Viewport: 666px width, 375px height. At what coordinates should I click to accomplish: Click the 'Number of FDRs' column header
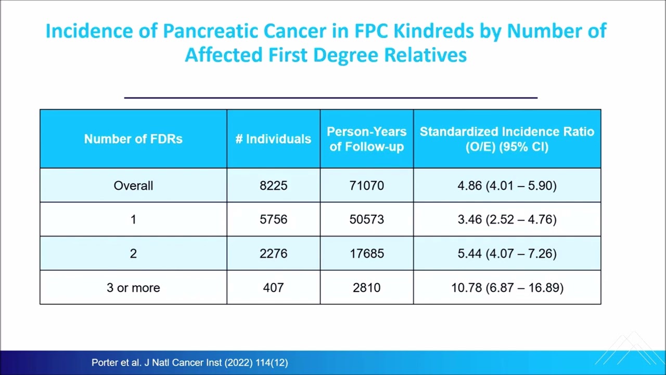tap(133, 139)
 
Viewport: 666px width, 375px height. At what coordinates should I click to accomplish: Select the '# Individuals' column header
tap(273, 139)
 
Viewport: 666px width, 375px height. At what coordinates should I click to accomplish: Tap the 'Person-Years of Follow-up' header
tap(367, 139)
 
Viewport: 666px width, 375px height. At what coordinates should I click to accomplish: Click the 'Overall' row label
tap(133, 185)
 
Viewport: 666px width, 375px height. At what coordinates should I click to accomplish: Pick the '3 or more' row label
tap(133, 287)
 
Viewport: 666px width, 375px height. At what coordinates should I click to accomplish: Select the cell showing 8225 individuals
tap(273, 185)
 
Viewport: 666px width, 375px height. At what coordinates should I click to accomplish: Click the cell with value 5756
tap(273, 219)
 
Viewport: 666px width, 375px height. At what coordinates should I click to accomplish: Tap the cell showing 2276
tap(273, 254)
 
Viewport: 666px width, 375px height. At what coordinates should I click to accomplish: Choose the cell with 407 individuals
tap(273, 287)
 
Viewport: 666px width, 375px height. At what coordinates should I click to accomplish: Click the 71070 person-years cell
tap(367, 185)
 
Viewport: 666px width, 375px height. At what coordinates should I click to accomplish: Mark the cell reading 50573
tap(367, 219)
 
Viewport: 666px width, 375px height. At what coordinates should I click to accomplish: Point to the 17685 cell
tap(367, 254)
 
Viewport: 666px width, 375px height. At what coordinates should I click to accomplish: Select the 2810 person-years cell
tap(367, 287)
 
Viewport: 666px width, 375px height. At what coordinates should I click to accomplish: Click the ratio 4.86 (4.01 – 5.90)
tap(507, 185)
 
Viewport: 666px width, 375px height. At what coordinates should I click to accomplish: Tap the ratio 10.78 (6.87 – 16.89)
tap(507, 287)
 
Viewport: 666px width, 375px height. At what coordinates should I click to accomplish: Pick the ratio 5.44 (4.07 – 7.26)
tap(507, 254)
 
